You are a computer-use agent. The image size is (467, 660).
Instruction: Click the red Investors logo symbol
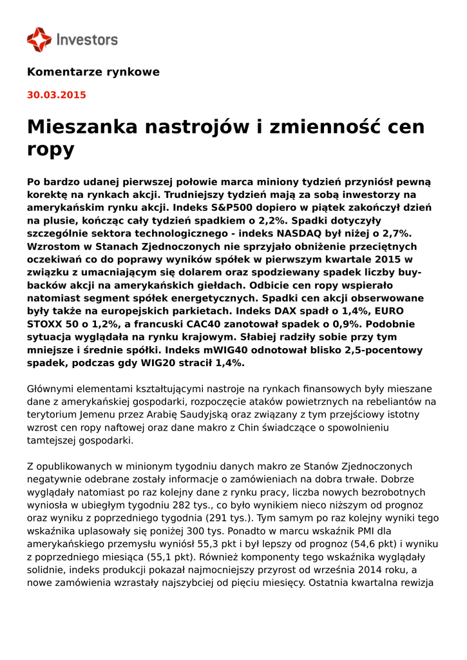pyautogui.click(x=39, y=39)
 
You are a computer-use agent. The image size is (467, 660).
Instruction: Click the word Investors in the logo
pyautogui.click(x=88, y=39)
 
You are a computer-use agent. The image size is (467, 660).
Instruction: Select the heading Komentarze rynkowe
pyautogui.click(x=93, y=72)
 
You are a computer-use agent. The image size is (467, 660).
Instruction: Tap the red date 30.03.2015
pyautogui.click(x=57, y=95)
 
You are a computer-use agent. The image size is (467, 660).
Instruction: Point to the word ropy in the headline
pyautogui.click(x=50, y=150)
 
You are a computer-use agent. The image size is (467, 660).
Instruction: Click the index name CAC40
pyautogui.click(x=223, y=324)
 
